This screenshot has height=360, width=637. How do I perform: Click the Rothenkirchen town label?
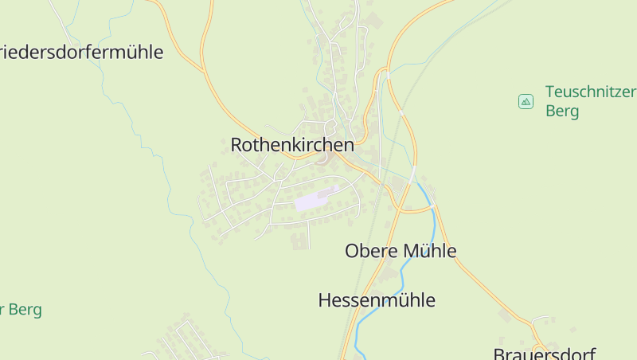[292, 145]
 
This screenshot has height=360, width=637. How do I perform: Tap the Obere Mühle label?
[401, 251]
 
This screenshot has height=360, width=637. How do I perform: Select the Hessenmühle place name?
[377, 300]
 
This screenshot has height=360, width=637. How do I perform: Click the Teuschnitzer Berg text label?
[590, 100]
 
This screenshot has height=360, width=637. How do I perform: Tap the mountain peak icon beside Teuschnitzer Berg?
[526, 101]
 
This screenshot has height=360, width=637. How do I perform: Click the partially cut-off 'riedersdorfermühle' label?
[81, 53]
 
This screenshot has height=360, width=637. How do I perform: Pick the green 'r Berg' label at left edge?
[21, 310]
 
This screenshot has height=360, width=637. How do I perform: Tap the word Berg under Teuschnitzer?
[562, 111]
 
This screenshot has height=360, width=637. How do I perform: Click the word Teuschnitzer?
[590, 91]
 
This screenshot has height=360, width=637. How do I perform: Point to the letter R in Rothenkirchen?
[236, 145]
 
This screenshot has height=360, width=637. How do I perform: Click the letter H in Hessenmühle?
[325, 300]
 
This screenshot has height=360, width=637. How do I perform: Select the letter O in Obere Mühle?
[352, 251]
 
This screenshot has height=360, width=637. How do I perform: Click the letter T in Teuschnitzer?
[550, 91]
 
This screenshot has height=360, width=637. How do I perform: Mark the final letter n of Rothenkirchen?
[349, 145]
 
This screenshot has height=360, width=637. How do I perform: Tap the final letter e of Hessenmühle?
[431, 300]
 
